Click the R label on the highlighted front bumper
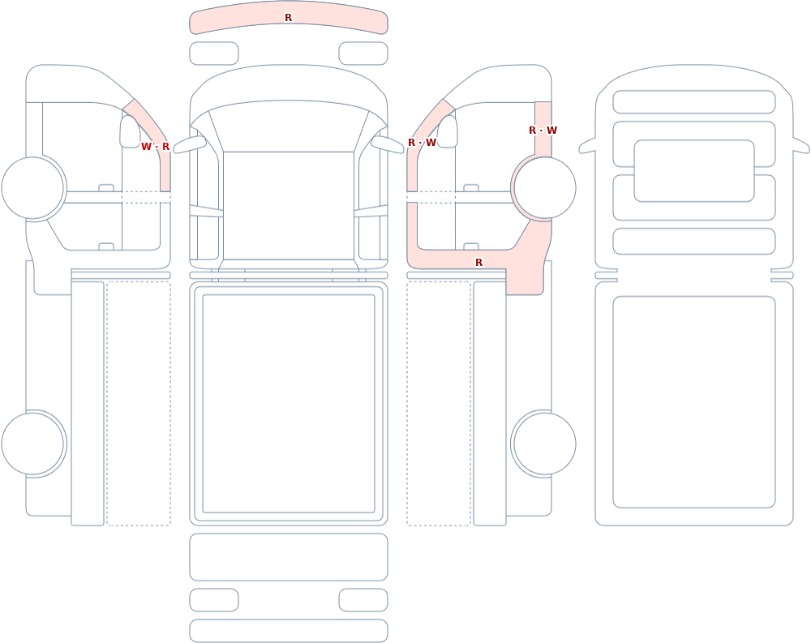point(288,18)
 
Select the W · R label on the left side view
point(155,147)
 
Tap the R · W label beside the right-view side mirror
point(422,142)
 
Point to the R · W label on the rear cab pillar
point(543,131)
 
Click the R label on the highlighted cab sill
point(479,263)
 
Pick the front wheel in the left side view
point(32,188)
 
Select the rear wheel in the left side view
point(32,444)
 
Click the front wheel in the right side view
point(544,188)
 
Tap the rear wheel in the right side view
point(544,444)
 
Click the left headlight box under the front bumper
point(214,54)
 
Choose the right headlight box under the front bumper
point(363,54)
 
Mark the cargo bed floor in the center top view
point(289,404)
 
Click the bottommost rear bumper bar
point(289,631)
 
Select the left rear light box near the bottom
point(214,600)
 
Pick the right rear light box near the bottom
point(363,600)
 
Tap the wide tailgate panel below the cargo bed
point(289,556)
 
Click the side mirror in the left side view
point(130,131)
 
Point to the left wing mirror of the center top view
point(189,144)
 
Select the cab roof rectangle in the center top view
point(289,205)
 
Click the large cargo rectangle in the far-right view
point(694,402)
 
